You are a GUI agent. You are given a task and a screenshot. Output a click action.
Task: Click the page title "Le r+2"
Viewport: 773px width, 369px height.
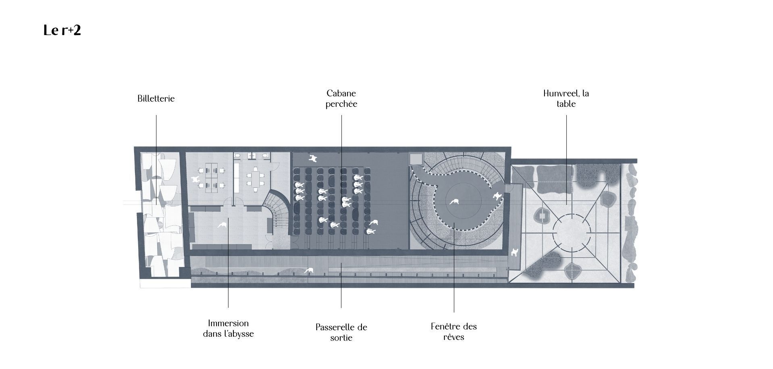point(62,30)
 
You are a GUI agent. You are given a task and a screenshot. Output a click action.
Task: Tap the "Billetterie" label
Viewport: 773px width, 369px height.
point(156,98)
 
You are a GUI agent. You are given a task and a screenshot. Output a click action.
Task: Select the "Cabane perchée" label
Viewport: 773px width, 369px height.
point(341,98)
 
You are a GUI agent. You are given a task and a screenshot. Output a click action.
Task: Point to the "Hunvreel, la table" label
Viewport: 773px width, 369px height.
point(566,98)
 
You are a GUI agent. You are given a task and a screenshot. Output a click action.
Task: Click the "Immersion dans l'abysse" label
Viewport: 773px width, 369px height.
point(228,328)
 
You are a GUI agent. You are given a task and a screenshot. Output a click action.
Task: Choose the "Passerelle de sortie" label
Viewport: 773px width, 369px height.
point(341,332)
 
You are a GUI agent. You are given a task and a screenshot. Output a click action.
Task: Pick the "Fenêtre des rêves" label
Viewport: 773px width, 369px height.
point(453,331)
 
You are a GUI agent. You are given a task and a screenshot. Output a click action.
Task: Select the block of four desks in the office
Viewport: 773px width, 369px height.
point(211,177)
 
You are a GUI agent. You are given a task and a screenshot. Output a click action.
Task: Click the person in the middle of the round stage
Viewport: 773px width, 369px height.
point(455,201)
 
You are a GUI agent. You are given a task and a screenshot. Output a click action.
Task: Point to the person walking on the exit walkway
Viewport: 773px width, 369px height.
point(309,271)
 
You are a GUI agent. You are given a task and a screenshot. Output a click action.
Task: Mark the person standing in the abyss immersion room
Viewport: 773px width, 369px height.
point(221,225)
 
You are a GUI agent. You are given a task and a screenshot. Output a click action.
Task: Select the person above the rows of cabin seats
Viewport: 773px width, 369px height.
point(312,158)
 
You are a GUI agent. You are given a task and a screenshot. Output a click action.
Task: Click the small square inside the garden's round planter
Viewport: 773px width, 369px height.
point(542,217)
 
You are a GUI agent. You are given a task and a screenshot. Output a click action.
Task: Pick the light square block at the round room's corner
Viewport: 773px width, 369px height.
point(416,158)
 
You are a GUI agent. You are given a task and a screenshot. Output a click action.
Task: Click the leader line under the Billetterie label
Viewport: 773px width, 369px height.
point(156,161)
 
